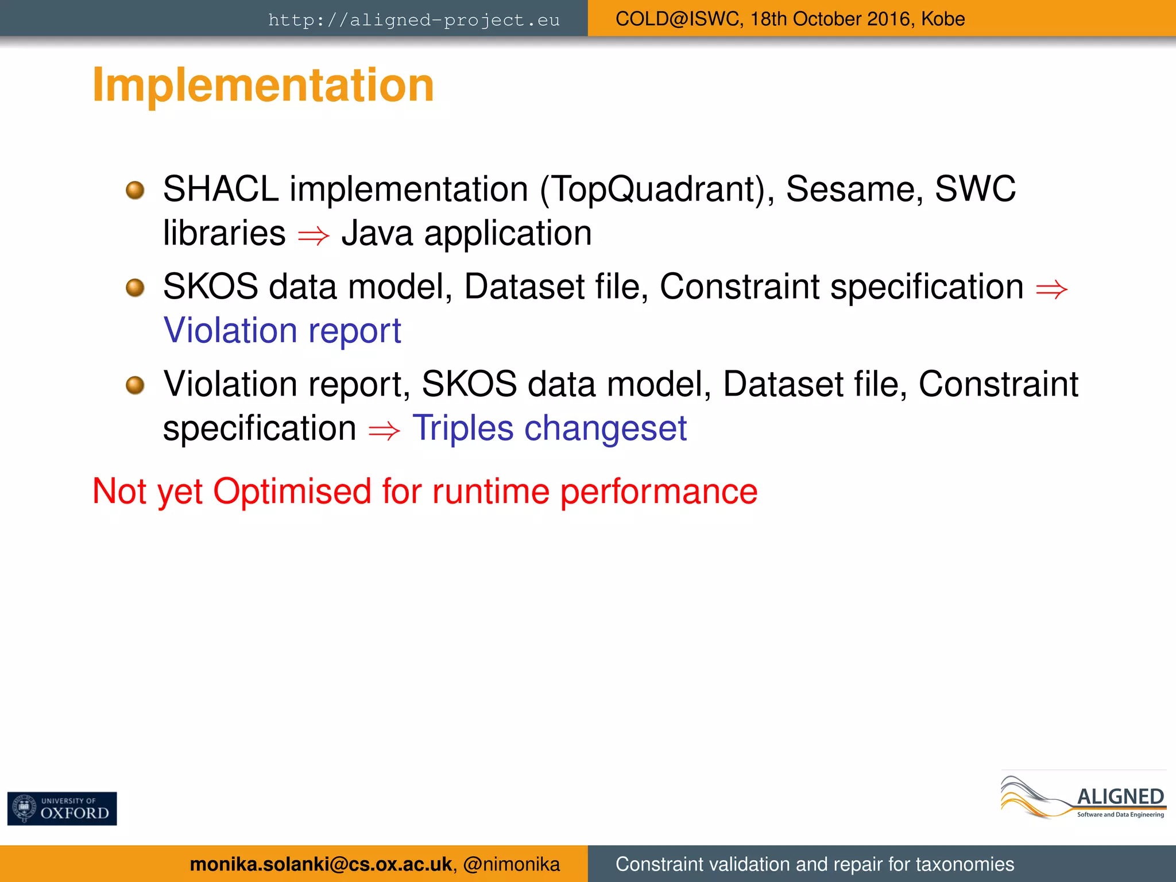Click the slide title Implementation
point(263,85)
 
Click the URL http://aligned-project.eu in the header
point(413,20)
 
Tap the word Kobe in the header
point(943,19)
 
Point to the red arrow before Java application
point(314,235)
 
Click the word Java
point(377,234)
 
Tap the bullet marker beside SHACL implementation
point(135,190)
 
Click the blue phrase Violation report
point(282,331)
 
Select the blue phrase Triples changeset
point(550,428)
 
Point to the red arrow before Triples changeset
point(384,431)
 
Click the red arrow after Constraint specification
point(1051,289)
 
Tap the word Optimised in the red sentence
point(292,492)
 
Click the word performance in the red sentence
point(659,492)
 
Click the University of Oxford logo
point(62,808)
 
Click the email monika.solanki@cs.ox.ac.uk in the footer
point(320,864)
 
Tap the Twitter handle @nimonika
point(511,864)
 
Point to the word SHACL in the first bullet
point(220,189)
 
